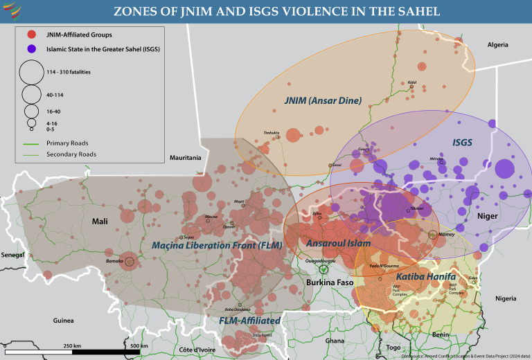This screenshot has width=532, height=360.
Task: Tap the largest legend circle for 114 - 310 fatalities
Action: click(31, 71)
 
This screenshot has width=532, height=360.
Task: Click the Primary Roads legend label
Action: click(67, 143)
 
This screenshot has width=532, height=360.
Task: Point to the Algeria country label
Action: click(497, 44)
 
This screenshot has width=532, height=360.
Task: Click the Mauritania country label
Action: click(185, 158)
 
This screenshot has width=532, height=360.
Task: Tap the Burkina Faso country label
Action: click(329, 283)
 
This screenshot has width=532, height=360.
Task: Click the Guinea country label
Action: click(63, 321)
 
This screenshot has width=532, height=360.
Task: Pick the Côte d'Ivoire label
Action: click(197, 350)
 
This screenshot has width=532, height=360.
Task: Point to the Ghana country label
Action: click(335, 341)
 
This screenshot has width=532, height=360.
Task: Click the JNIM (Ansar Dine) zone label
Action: click(323, 100)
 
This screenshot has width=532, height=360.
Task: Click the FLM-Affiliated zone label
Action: click(249, 321)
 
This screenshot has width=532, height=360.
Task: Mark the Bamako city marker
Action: click(129, 261)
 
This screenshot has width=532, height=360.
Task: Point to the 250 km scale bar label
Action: click(72, 345)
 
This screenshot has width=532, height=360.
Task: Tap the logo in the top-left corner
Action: click(12, 11)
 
